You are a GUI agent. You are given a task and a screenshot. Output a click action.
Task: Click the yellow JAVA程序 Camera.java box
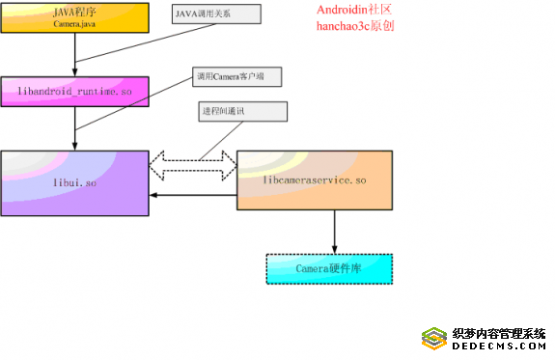pyautogui.click(x=74, y=16)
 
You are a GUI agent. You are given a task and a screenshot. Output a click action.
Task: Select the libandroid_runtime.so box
pyautogui.click(x=74, y=90)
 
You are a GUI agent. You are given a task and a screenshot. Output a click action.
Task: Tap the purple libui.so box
pyautogui.click(x=74, y=182)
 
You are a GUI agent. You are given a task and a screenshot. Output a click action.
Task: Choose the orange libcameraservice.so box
pyautogui.click(x=315, y=180)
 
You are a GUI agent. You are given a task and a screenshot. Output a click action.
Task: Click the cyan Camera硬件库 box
pyautogui.click(x=329, y=268)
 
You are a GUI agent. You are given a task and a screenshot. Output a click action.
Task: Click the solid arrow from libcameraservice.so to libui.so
pyautogui.click(x=193, y=196)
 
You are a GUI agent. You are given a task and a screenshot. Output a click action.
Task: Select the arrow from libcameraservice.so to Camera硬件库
pyautogui.click(x=334, y=232)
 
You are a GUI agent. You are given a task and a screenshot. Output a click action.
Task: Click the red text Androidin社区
pyautogui.click(x=354, y=10)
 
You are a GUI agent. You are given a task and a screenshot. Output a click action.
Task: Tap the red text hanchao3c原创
pyautogui.click(x=354, y=26)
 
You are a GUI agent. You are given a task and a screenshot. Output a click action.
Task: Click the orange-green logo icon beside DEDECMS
pyautogui.click(x=433, y=339)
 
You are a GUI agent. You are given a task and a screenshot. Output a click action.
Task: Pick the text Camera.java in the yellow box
pyautogui.click(x=74, y=22)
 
